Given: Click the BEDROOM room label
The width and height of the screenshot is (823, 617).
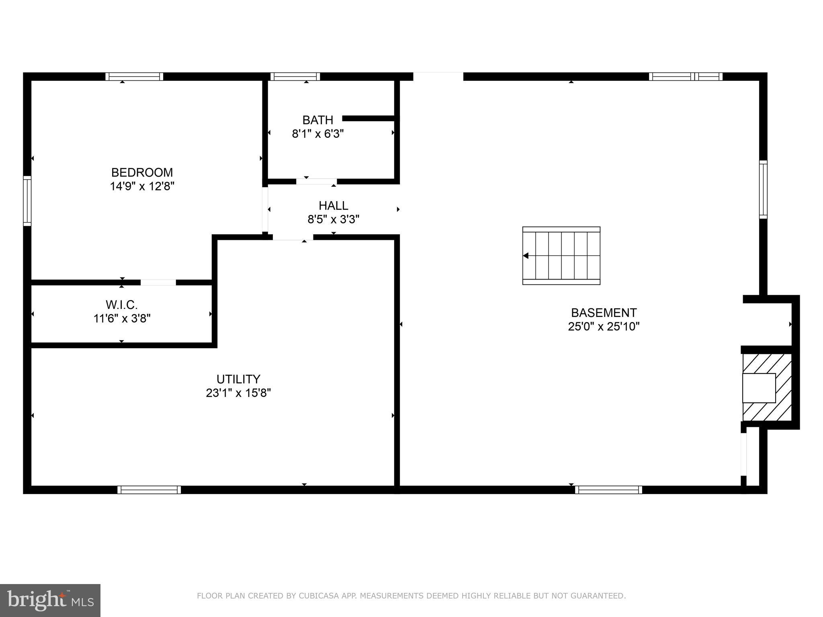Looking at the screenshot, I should (x=142, y=172).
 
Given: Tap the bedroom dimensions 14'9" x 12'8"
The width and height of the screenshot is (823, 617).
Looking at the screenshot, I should (x=142, y=186).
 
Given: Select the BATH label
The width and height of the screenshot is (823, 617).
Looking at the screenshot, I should (x=317, y=120).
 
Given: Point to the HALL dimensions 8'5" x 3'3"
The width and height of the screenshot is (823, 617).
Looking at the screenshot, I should (x=333, y=219).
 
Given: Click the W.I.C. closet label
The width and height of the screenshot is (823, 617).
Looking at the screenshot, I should (x=121, y=305).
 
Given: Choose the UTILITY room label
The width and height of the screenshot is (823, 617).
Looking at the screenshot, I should (x=238, y=379).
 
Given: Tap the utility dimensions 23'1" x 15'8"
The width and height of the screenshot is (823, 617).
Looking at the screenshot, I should (x=238, y=393).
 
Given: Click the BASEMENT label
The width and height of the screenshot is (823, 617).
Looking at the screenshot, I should (x=604, y=313).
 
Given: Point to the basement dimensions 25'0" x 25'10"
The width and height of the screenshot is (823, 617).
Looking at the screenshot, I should (x=604, y=326).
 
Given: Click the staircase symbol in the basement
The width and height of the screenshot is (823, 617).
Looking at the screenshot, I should (x=561, y=256).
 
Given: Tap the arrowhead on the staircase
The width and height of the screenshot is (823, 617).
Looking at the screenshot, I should (x=526, y=256).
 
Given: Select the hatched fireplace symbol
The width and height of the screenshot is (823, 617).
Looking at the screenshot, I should (x=767, y=387).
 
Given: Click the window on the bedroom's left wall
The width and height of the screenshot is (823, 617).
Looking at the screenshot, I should (x=27, y=200).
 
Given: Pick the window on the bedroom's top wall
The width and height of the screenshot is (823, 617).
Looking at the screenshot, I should (x=134, y=76).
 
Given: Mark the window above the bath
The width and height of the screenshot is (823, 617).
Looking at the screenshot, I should (x=295, y=76).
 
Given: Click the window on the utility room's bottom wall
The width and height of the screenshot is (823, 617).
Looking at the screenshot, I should (x=149, y=490).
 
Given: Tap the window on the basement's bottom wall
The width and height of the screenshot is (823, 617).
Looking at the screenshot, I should (x=608, y=490).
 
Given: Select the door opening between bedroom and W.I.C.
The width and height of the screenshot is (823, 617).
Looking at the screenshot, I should (x=158, y=282).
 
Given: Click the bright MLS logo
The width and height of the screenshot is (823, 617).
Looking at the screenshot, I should (x=50, y=601).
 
